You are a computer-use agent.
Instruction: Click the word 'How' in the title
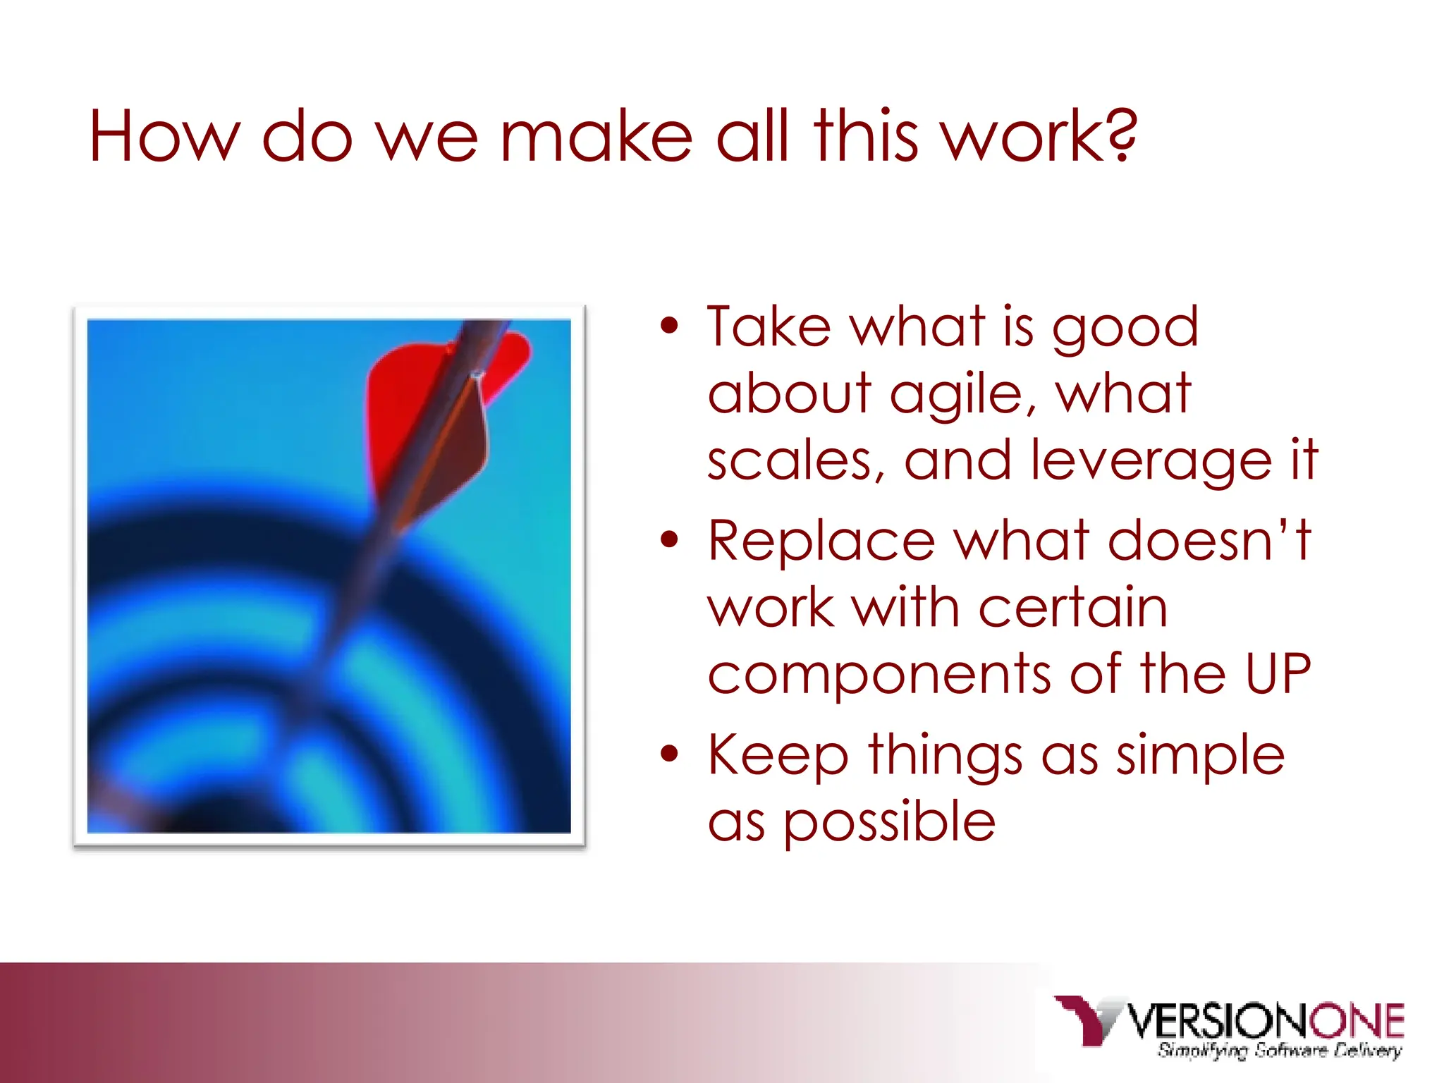(x=164, y=137)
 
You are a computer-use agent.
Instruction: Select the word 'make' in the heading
(x=596, y=137)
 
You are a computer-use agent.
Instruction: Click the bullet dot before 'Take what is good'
(x=669, y=326)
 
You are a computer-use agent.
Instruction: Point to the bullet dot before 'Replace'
(x=669, y=540)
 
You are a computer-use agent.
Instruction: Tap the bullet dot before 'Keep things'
(x=669, y=754)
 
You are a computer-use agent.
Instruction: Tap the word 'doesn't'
(x=1209, y=540)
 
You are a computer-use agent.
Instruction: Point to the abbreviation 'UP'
(x=1277, y=674)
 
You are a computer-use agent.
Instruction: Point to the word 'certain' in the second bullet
(x=1072, y=608)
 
